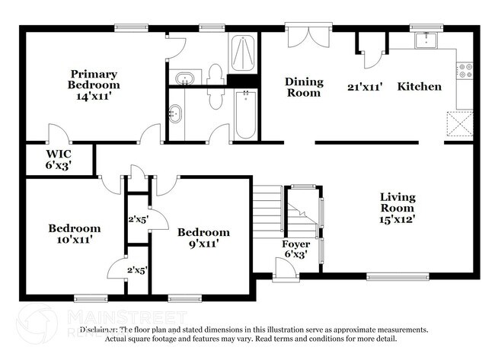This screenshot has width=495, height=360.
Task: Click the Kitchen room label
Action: [419, 86]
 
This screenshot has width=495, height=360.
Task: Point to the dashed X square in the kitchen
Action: [459, 123]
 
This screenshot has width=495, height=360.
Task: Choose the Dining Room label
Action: [304, 87]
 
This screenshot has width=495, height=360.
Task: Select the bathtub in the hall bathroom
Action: [245, 114]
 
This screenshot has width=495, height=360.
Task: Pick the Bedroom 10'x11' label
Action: [75, 234]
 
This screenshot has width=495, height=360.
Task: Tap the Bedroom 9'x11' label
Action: [203, 238]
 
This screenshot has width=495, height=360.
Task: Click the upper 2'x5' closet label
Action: [138, 219]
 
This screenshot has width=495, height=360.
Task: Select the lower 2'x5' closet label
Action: [138, 269]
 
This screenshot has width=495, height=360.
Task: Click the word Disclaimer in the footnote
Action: [101, 330]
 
